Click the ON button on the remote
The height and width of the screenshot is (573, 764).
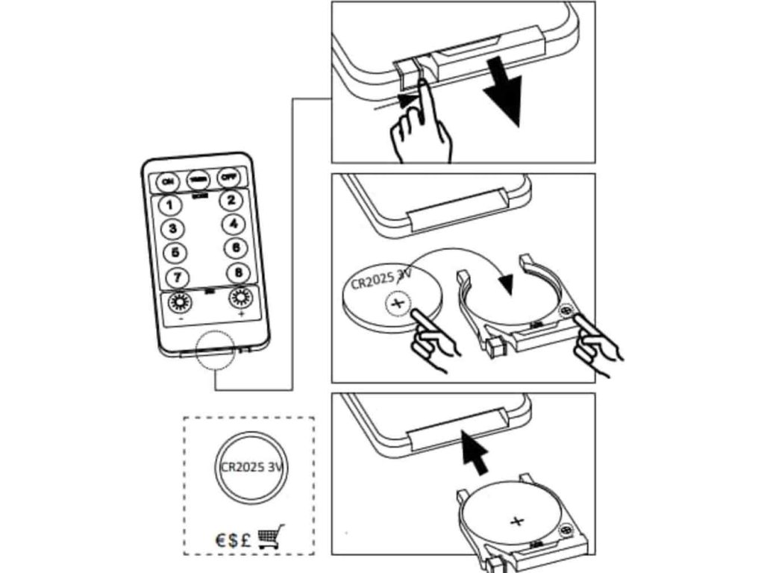168,181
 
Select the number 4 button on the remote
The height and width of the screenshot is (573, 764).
234,224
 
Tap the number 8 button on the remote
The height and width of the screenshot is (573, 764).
238,272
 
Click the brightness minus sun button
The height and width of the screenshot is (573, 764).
180,303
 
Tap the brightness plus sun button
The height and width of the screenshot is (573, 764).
240,299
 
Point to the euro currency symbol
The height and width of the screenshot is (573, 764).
222,539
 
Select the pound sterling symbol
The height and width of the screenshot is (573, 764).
245,539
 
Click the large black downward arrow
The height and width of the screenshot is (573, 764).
504,96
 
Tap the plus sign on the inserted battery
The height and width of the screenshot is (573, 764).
516,521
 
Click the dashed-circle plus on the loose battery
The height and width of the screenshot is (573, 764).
398,303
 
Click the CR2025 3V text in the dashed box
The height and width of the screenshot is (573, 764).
254,468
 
